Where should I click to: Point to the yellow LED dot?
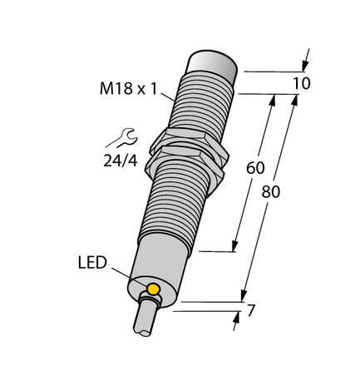click(153, 289)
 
